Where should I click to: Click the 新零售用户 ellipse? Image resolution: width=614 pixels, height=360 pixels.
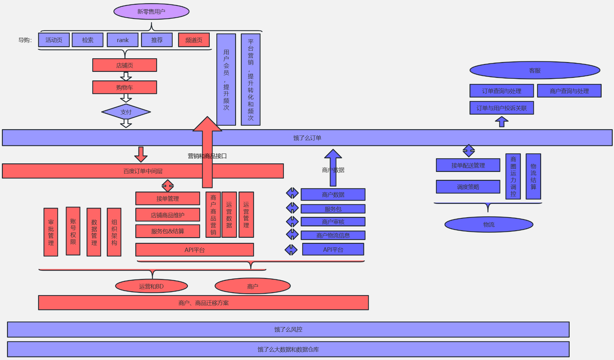[x=151, y=12]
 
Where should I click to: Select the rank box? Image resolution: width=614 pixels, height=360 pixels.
[x=123, y=40]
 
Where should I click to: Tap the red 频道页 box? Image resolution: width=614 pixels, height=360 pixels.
[x=194, y=40]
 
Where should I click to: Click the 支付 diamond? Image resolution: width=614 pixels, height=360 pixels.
[x=126, y=112]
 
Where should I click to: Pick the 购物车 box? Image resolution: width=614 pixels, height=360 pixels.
[x=125, y=87]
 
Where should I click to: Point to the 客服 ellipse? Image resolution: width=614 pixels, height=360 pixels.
[x=535, y=70]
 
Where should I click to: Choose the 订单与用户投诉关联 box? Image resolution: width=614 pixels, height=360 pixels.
[x=502, y=108]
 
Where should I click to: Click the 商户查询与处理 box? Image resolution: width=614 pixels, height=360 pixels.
[x=569, y=91]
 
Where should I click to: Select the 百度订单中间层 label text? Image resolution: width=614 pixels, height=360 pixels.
[x=143, y=171]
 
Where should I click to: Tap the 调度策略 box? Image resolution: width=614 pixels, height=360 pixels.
[x=468, y=187]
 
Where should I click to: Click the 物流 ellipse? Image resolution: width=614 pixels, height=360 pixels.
[x=489, y=224]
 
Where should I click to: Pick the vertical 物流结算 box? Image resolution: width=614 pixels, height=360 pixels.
[x=533, y=176]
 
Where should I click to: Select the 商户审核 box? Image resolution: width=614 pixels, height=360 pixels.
[x=333, y=222]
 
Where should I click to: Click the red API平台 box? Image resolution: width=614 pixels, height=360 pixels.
[x=195, y=250]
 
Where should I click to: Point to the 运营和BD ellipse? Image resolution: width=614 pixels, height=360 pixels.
[x=151, y=286]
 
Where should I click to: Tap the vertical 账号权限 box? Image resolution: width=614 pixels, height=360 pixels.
[x=73, y=231]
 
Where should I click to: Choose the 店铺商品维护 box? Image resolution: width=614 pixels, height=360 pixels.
[x=168, y=215]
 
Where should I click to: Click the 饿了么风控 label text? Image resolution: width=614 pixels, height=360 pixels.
[x=288, y=330]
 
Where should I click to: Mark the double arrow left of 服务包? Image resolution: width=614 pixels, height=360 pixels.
[x=292, y=208]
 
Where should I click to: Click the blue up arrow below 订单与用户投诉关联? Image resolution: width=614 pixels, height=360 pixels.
[x=502, y=122]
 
